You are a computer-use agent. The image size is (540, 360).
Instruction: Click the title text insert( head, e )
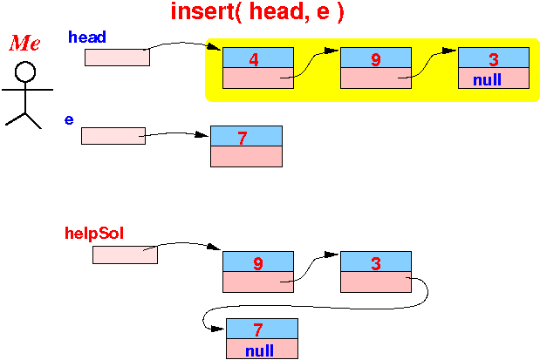coord(257,11)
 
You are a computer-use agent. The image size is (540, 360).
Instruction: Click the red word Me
coord(24,43)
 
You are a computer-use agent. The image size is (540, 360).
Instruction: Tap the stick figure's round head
coord(25,72)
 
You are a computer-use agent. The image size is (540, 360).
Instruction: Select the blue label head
coord(87,37)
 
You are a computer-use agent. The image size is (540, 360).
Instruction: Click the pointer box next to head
coord(117,58)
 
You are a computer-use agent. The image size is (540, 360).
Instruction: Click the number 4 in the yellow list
coord(254,59)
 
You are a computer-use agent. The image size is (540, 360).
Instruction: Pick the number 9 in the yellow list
coord(376,59)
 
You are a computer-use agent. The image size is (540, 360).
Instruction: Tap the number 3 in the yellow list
coord(494,59)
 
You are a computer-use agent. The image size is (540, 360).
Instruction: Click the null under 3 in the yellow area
coord(487,80)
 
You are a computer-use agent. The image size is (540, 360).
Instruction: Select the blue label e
coord(69,119)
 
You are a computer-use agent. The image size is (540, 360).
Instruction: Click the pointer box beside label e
coord(113,136)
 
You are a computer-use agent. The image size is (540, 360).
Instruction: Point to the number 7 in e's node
coord(243,138)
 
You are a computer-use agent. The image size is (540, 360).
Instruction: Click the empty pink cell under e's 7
coord(246,157)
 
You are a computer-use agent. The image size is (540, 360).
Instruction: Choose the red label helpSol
coord(94,234)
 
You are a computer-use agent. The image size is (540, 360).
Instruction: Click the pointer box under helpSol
coord(125,255)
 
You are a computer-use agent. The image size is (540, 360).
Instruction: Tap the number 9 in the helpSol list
coord(258,263)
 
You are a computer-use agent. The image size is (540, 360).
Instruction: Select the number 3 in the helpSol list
coord(376,263)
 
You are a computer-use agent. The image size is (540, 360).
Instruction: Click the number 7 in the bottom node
coord(258,330)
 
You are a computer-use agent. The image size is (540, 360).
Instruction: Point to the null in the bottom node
coord(259,350)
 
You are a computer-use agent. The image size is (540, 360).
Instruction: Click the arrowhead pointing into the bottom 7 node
coord(218,329)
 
